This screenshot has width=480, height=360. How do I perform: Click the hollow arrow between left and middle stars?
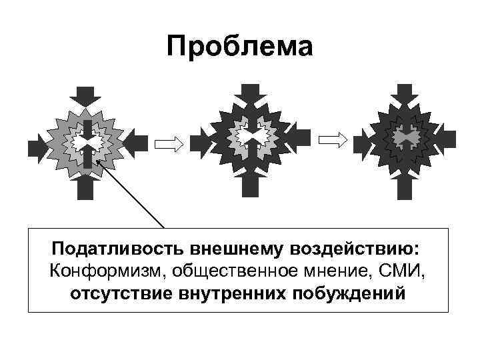[x=168, y=142]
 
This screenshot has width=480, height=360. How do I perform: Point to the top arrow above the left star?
[x=87, y=97]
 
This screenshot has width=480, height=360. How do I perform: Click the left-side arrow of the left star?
[x=37, y=142]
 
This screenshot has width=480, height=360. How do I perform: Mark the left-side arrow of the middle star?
[x=201, y=140]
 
